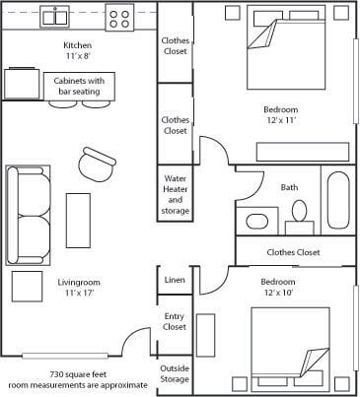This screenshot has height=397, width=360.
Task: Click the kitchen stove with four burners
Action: [x=119, y=18]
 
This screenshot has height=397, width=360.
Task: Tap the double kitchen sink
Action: [x=55, y=17]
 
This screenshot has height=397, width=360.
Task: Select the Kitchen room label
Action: [x=78, y=45]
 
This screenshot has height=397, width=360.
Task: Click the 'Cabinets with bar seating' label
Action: [x=79, y=86]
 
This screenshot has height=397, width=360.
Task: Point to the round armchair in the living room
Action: [x=97, y=165]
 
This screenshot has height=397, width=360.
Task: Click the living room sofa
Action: [x=29, y=216]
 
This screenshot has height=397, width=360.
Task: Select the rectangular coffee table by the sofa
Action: [x=78, y=221]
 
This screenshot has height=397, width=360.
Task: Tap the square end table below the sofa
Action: [x=27, y=287]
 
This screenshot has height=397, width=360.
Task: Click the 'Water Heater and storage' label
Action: [x=176, y=195]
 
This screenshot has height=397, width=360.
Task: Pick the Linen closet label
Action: [x=175, y=280]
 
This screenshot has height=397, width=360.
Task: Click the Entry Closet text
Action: [x=175, y=321]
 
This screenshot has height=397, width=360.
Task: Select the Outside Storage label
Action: [x=175, y=373]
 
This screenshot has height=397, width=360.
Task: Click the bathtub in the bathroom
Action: [x=338, y=199]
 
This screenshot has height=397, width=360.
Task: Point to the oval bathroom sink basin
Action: [x=257, y=221]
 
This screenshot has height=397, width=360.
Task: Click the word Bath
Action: [x=289, y=187]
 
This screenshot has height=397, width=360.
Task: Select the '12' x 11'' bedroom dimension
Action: [x=281, y=120]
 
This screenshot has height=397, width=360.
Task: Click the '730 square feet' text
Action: [x=78, y=374]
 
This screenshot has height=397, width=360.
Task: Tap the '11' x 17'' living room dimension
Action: [x=79, y=293]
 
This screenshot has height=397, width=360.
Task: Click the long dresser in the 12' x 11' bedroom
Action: [x=303, y=152]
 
